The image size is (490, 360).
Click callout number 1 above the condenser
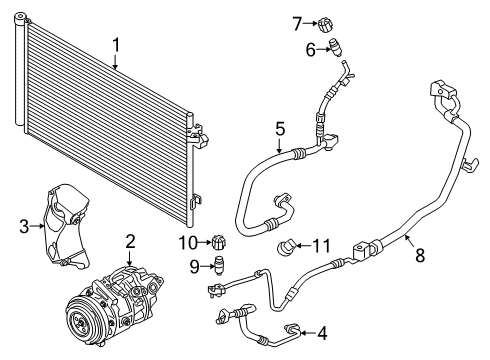[116, 44]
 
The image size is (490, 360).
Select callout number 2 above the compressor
[130, 240]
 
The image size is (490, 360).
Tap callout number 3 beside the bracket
[24, 227]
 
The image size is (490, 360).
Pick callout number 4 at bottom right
[321, 333]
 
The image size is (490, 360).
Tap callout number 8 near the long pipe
[420, 255]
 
